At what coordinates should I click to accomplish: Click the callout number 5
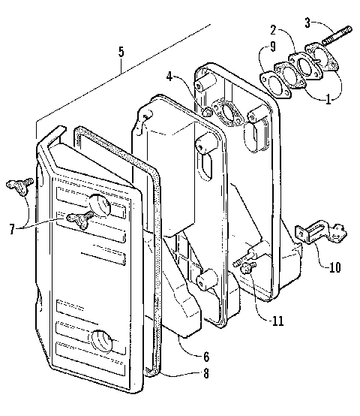coord(121,53)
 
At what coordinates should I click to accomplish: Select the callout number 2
coord(275,31)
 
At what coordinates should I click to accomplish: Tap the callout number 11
coord(278,319)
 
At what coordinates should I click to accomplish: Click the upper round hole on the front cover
coord(100,203)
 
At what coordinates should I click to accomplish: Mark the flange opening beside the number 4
coord(225,113)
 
